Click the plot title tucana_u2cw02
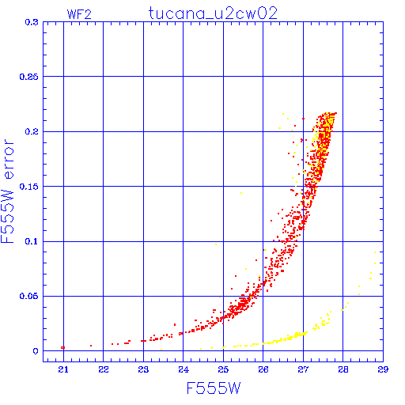[213, 13]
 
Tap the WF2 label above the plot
[79, 14]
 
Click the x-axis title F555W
[214, 388]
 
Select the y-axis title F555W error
[7, 191]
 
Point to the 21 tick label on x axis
[63, 369]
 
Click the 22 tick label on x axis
[104, 369]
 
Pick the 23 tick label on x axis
[143, 369]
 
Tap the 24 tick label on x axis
[184, 369]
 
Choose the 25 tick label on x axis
[223, 369]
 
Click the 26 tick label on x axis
[263, 369]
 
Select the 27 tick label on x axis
[303, 369]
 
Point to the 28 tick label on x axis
[343, 369]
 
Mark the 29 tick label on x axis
[383, 369]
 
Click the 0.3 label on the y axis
[32, 22]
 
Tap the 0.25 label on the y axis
[29, 77]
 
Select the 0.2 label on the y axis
[32, 131]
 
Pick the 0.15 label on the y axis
[29, 187]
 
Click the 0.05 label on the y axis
[29, 296]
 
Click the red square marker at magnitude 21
[62, 347]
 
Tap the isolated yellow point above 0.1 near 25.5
[241, 193]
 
